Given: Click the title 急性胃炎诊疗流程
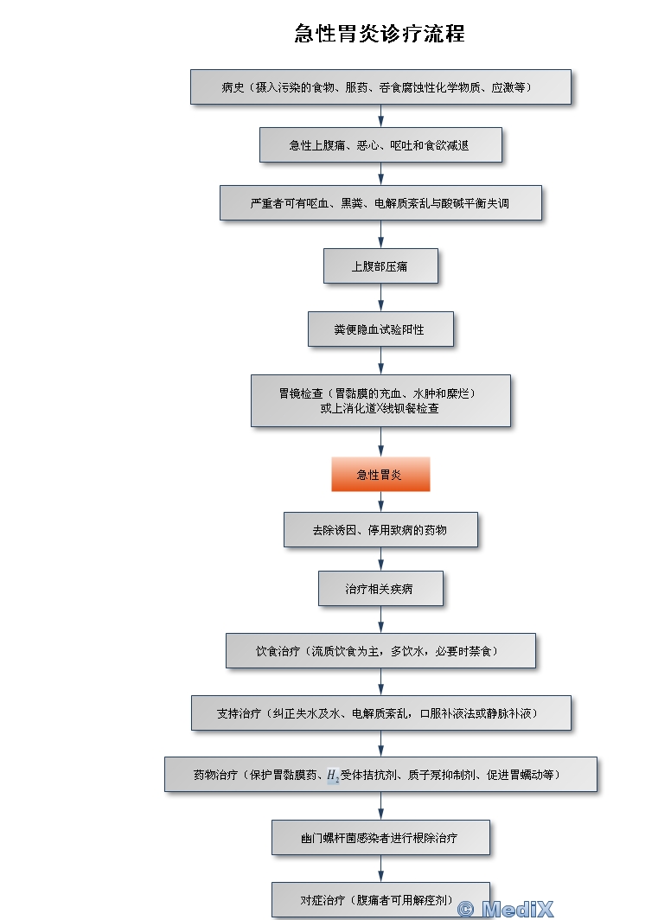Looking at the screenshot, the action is [x=380, y=34].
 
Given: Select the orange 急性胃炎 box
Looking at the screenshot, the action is [x=380, y=474].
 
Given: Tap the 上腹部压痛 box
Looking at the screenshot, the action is [x=380, y=266].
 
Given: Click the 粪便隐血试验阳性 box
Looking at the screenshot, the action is [x=380, y=329].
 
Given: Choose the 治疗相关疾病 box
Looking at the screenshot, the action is [x=380, y=589].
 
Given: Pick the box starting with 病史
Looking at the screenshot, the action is [x=380, y=87].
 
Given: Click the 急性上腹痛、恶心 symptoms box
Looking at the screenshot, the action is [x=380, y=145].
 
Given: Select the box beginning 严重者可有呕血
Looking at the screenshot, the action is [x=380, y=203].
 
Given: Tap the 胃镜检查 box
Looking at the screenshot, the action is [x=380, y=400].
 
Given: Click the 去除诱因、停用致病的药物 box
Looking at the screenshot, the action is [x=380, y=530].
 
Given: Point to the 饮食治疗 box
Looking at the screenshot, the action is [x=380, y=651].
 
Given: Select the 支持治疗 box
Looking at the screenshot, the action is [x=380, y=712].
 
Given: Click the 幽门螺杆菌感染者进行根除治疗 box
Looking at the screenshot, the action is [x=380, y=837].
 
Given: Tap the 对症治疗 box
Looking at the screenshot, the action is [x=380, y=900].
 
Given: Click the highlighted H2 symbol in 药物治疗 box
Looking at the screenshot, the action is [x=333, y=776].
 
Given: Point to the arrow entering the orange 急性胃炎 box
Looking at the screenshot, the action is [x=381, y=442].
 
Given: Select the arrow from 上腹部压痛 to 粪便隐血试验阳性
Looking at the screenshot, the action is [x=381, y=297].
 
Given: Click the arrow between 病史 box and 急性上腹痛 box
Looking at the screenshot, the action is [x=381, y=116].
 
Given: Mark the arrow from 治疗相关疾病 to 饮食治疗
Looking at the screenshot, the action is [x=381, y=620].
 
